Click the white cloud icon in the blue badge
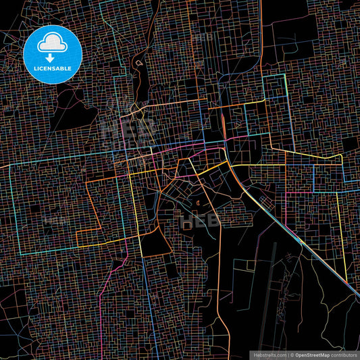click(53, 42)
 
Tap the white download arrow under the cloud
click(53, 49)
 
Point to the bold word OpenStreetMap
click(311, 354)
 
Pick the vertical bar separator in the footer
click(287, 354)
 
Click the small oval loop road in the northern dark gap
click(139, 63)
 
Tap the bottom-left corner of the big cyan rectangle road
click(21, 253)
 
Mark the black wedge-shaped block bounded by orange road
click(154, 240)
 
